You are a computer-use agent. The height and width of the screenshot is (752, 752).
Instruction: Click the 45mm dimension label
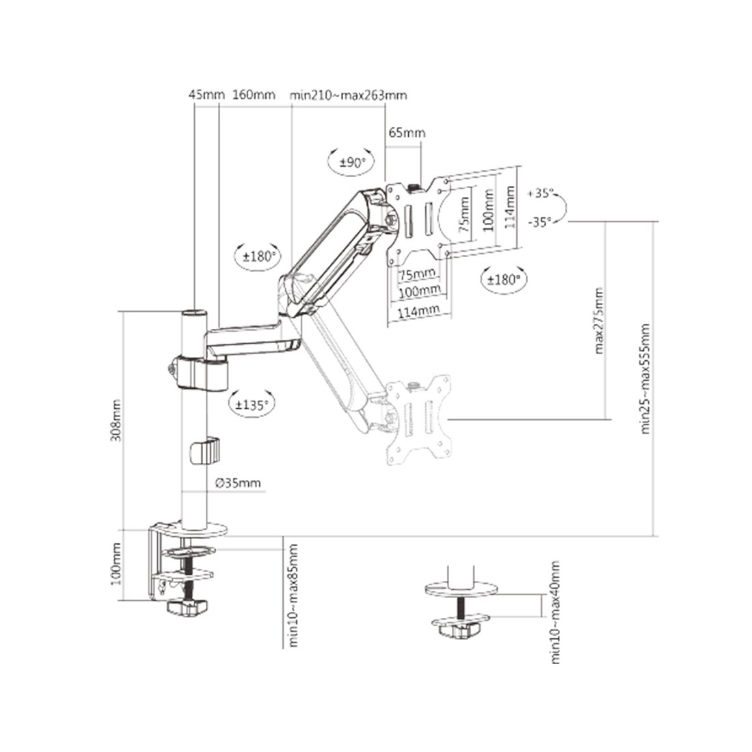[206, 94]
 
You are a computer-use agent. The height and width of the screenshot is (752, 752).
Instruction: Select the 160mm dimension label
[254, 94]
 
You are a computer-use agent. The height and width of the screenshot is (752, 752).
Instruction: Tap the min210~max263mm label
[348, 95]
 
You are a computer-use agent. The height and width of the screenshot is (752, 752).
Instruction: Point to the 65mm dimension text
[407, 133]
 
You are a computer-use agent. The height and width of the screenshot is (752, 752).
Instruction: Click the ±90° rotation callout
[352, 163]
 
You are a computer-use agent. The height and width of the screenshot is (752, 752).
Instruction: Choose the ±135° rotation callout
[252, 405]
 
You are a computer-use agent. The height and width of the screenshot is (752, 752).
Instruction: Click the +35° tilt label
[540, 193]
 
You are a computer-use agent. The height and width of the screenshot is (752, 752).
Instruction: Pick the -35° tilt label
[540, 221]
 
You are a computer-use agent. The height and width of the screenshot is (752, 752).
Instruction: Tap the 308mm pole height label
[116, 420]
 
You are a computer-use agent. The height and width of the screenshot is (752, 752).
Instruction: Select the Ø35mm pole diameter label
[238, 483]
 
